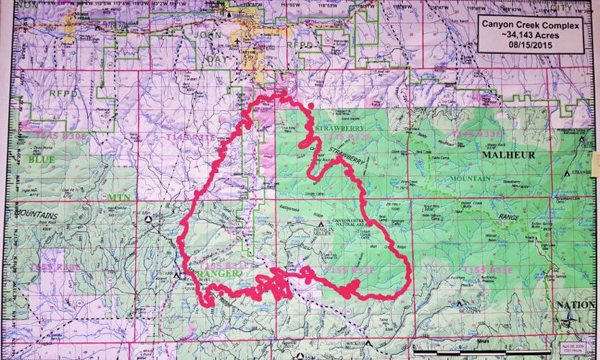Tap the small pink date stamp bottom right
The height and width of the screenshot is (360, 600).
tap(581, 350)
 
